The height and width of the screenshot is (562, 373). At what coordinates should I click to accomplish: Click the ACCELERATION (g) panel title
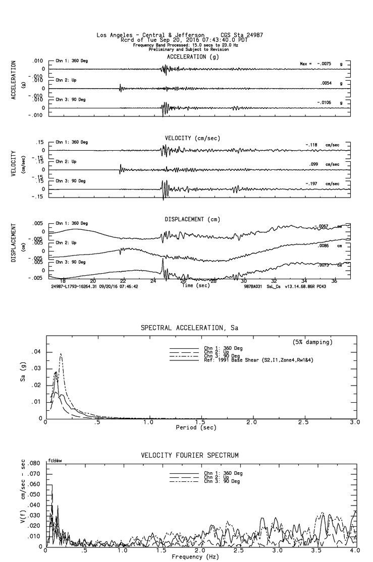click(x=192, y=57)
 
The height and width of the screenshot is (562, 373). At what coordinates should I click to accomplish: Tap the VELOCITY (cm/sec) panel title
click(x=192, y=138)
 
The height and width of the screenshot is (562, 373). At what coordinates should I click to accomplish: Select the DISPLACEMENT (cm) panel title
click(x=192, y=219)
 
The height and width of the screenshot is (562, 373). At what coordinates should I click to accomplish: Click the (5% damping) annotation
click(x=312, y=342)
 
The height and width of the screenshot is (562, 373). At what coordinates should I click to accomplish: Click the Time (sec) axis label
click(x=194, y=285)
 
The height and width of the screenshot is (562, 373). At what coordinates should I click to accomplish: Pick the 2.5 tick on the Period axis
click(x=303, y=422)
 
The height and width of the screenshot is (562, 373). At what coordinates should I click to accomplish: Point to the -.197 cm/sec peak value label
click(x=323, y=184)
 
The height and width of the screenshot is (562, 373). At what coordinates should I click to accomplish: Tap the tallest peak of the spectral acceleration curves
click(x=61, y=354)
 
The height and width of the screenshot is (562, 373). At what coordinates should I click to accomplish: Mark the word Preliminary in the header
click(x=163, y=49)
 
